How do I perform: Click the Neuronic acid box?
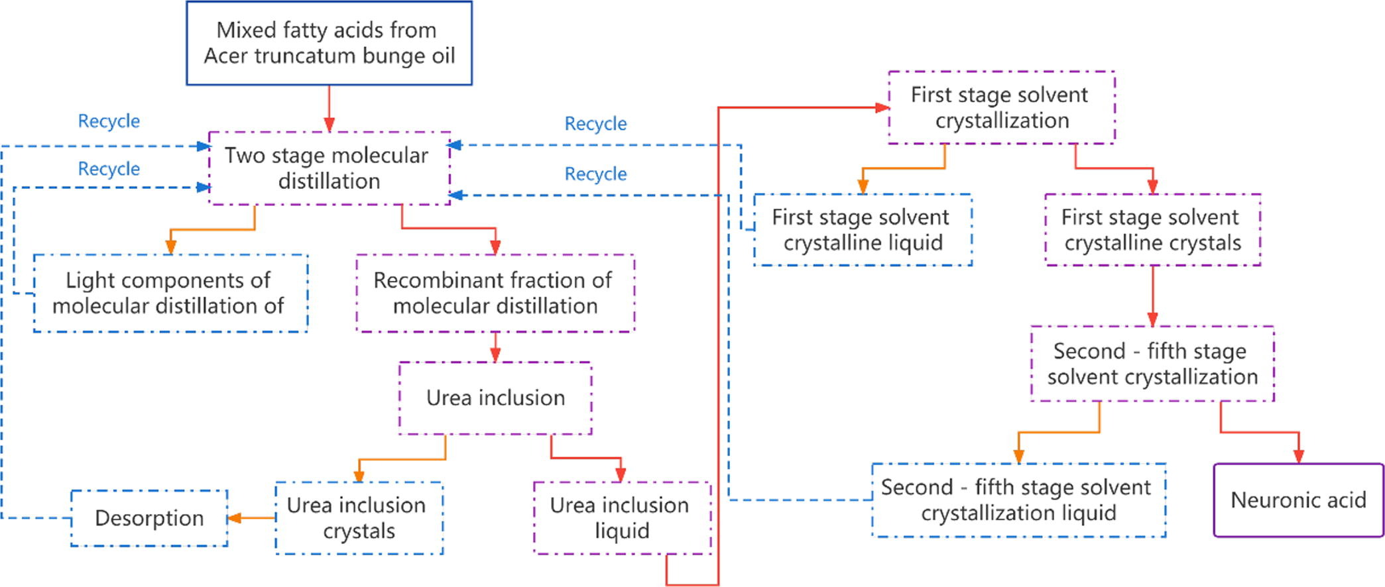click(x=1298, y=500)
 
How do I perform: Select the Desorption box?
click(x=149, y=518)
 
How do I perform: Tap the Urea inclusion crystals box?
click(x=359, y=518)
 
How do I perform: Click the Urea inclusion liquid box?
click(x=621, y=518)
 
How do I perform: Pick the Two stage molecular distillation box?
click(x=329, y=168)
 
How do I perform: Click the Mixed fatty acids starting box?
click(x=329, y=43)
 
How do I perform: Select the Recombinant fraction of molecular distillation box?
click(x=495, y=293)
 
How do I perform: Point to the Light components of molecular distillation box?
click(x=170, y=293)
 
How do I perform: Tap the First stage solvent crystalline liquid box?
click(x=862, y=230)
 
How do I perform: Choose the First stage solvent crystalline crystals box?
click(x=1152, y=230)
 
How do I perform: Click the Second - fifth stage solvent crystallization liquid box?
click(x=1018, y=500)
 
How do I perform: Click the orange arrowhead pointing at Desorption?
click(x=233, y=518)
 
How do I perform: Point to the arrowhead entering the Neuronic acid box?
click(x=1298, y=456)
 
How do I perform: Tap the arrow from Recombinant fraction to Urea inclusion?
click(x=495, y=347)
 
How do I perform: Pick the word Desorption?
click(x=149, y=518)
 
